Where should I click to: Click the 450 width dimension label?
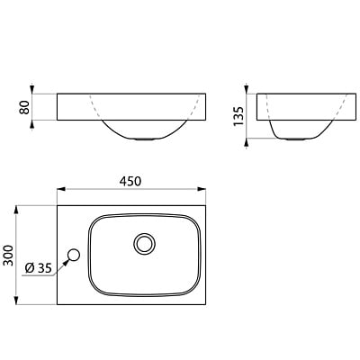tap(130, 181)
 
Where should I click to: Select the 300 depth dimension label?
tap(8, 256)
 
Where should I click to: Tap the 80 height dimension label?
tap(24, 107)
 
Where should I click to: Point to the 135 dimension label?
tap(238, 116)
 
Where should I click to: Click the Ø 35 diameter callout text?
tap(39, 267)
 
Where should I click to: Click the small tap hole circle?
tap(74, 256)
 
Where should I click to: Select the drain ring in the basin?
tap(145, 244)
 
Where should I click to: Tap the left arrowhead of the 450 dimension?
tap(61, 189)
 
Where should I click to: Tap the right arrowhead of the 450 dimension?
tap(202, 189)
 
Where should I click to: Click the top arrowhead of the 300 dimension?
tap(16, 210)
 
